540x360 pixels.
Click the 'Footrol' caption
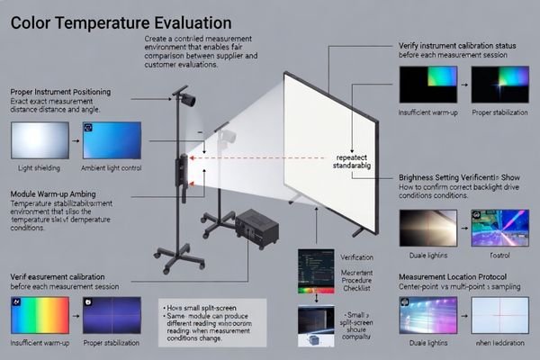tap(499, 255)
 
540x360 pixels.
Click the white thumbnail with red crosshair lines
tap(500, 316)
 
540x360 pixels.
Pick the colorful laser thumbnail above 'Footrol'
tap(500, 227)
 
